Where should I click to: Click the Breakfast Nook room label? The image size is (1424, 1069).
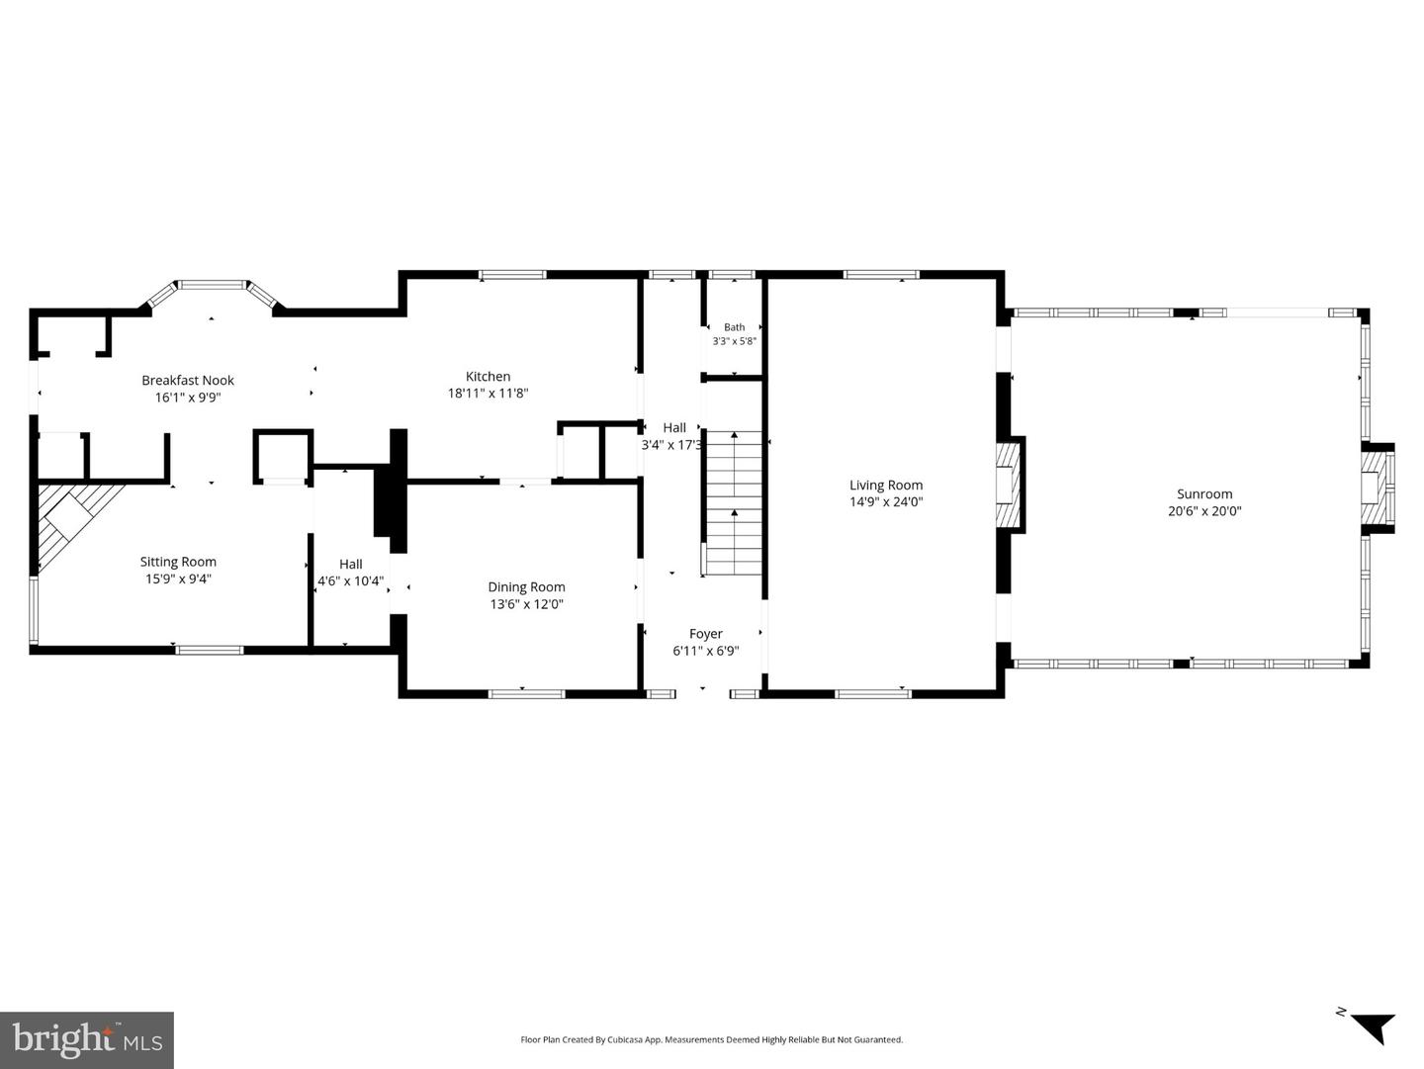188,380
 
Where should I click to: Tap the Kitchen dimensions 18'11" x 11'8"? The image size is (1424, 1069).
488,394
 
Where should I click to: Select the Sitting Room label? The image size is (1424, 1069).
178,562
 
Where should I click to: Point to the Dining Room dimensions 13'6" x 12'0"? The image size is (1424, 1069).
526,604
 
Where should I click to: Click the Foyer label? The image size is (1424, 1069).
706,634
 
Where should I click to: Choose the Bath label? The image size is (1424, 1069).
735,327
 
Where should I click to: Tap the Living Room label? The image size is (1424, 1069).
886,486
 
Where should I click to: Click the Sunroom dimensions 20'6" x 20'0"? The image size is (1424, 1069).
1204,511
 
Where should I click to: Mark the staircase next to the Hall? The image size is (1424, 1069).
734,502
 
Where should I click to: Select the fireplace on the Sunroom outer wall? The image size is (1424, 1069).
1377,488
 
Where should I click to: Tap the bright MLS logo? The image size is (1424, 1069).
87,1040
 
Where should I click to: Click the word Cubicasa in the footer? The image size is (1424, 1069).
627,1039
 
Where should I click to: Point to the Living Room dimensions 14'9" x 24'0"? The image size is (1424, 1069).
886,502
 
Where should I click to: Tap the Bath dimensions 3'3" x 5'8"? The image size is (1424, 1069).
735,341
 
